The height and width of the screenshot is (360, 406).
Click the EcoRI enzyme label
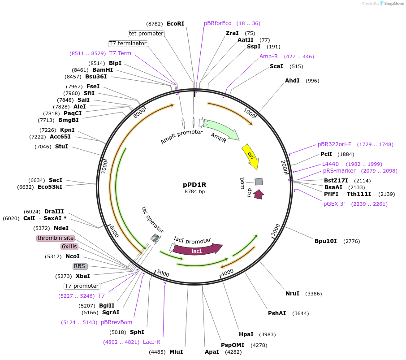click(175, 23)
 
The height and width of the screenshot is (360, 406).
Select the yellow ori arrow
click(251, 156)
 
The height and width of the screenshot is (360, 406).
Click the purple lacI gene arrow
click(197, 250)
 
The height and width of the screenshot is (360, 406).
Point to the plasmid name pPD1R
click(194, 184)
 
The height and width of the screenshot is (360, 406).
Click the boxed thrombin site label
click(56, 238)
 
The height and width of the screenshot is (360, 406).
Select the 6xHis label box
click(69, 247)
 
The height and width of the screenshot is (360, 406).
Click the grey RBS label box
click(80, 266)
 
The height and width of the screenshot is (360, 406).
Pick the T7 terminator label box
click(128, 43)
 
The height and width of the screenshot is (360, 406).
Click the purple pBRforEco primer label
click(218, 23)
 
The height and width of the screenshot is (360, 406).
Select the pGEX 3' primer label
click(334, 204)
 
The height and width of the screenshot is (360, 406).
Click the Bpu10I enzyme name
click(325, 241)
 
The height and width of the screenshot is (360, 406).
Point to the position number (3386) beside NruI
click(313, 294)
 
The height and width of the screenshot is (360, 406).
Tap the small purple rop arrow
click(259, 194)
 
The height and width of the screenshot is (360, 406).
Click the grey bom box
click(259, 182)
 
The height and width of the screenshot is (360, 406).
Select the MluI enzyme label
click(176, 352)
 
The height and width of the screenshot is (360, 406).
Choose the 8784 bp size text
click(194, 192)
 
